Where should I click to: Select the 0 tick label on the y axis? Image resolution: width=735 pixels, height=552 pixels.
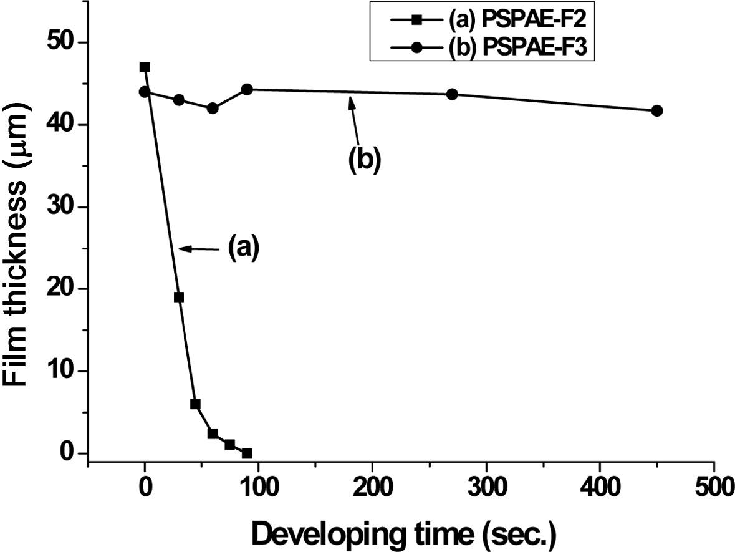coord(65,453)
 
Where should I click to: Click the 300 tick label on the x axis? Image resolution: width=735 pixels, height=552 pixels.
coord(486,487)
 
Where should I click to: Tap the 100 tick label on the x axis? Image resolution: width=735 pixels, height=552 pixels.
coord(259,487)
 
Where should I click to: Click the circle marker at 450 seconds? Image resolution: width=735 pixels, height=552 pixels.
coord(656,110)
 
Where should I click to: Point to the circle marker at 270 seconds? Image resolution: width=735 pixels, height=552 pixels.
coord(452,94)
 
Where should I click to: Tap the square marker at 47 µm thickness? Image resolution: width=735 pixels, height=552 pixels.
coord(145,67)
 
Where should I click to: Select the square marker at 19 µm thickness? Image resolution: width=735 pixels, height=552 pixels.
coord(179,297)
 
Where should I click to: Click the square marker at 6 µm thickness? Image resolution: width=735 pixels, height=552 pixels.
coord(195,404)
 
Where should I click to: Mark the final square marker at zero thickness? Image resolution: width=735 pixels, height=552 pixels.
coord(247,453)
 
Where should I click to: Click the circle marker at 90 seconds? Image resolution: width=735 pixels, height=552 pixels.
coord(247,89)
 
